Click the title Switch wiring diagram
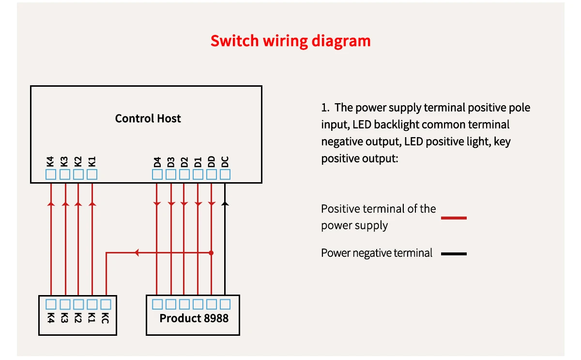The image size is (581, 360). pos(290,41)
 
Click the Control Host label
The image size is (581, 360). pos(148,118)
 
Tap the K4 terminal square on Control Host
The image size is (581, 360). pos(51,174)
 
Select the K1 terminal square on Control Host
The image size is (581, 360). pos(92,174)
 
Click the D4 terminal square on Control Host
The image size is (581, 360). pos(157,174)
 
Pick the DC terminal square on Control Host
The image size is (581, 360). pos(225,174)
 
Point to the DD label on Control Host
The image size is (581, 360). pos(212,162)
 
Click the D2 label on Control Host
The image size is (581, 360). pos(184,162)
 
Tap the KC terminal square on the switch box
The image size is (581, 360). pos(106,304)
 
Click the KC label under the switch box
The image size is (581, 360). pos(106,318)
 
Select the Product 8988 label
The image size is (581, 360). pos(194,318)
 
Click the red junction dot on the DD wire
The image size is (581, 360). pos(211,253)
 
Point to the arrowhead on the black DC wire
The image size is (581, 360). pos(225,204)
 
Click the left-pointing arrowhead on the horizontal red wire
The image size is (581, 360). pos(137,253)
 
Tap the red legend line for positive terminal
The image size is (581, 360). pos(454,218)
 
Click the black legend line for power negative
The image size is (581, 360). pos(454,253)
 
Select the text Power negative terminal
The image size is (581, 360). pos(376,253)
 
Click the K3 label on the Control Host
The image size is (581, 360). pos(65,162)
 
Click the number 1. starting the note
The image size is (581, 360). pos(325,108)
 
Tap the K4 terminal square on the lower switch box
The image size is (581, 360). pos(51,304)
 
